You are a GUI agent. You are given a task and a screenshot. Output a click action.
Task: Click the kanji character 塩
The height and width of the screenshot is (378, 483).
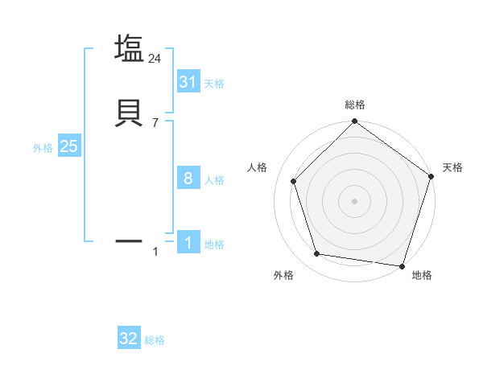[x=130, y=48]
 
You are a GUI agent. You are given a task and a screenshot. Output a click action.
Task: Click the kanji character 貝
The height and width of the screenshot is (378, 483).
[x=130, y=112]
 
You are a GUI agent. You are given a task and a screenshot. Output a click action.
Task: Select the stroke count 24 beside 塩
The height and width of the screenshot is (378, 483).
[x=155, y=59]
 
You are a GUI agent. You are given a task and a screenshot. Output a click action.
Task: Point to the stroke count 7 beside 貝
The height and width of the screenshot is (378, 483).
[x=155, y=123]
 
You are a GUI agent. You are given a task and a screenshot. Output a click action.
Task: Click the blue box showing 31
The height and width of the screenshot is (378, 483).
[x=188, y=81]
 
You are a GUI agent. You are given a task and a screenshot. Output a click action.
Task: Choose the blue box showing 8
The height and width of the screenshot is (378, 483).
[x=188, y=179]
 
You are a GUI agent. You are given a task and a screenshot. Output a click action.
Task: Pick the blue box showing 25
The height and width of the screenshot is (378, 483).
[x=68, y=146]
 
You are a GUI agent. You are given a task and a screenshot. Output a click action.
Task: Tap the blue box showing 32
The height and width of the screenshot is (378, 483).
[x=129, y=339]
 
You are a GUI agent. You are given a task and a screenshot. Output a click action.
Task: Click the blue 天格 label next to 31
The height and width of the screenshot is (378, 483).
[x=214, y=83]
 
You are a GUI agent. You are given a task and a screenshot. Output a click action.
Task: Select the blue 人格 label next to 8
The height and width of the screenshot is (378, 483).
[x=214, y=180]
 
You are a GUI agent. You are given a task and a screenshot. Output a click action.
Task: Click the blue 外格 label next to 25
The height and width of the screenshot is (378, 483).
[x=43, y=148]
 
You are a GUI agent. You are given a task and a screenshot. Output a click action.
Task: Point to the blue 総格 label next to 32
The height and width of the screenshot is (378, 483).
[x=155, y=340]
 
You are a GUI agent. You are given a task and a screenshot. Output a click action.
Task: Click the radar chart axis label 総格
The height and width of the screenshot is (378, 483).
[x=354, y=105]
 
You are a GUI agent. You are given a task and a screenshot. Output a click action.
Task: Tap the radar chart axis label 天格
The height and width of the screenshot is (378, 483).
[x=452, y=167]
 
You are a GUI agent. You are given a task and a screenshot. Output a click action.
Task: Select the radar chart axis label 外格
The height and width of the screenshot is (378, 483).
[x=283, y=275]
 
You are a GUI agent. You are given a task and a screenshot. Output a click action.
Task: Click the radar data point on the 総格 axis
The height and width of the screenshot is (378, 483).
[x=354, y=122]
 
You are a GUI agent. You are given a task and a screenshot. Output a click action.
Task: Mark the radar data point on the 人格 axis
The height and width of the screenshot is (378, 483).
[x=293, y=181]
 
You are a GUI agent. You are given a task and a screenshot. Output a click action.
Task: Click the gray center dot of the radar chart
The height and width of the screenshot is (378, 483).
[x=354, y=200]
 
